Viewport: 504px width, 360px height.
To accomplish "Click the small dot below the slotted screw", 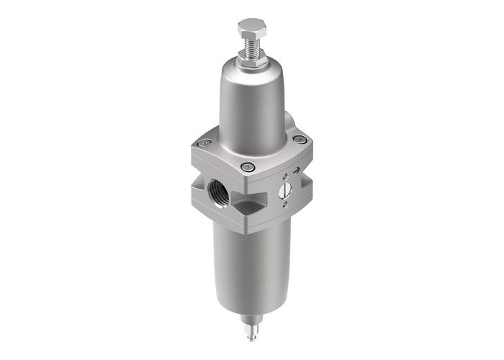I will [287, 204].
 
